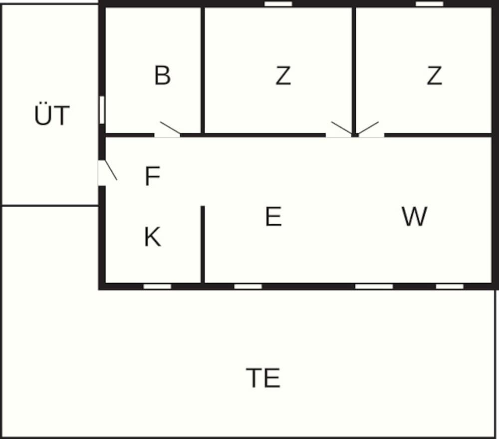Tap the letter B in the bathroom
(x=162, y=75)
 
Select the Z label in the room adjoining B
(x=283, y=75)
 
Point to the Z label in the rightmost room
(x=434, y=75)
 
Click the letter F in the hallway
(x=152, y=176)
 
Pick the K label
(x=152, y=237)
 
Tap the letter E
(x=273, y=216)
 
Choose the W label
(x=414, y=216)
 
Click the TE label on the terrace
(x=263, y=378)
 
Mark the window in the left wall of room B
(x=102, y=110)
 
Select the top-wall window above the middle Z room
(x=278, y=4)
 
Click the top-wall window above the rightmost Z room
(x=429, y=4)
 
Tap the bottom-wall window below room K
(x=157, y=286)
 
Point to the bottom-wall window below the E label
(x=248, y=286)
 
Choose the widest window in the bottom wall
(x=374, y=286)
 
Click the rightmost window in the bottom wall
(x=450, y=286)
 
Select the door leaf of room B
(x=170, y=127)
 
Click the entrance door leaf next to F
(x=111, y=170)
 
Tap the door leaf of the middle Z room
(x=342, y=128)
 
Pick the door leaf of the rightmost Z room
(x=368, y=128)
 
